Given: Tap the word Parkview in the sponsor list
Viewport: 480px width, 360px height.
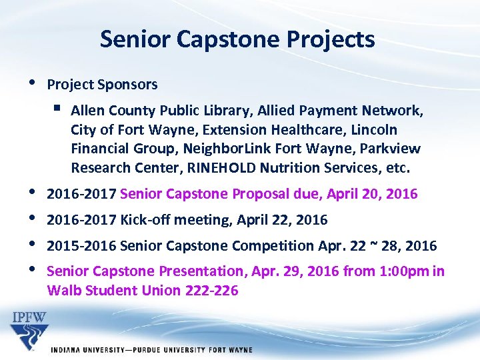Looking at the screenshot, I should click(393, 148).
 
